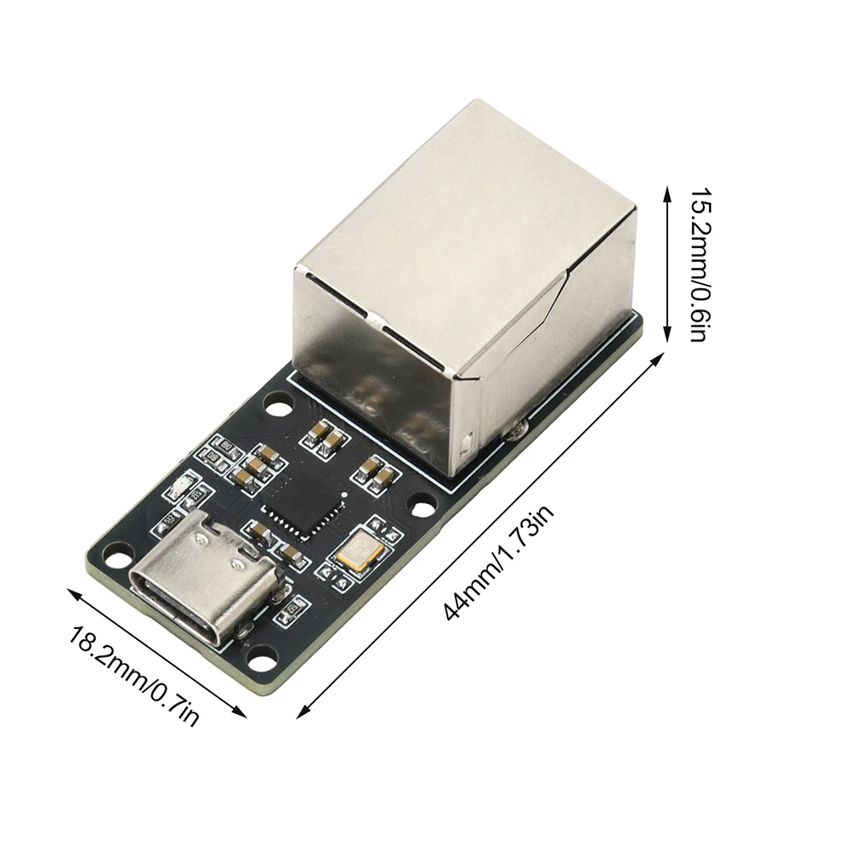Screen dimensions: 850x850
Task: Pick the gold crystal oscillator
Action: (x=360, y=551)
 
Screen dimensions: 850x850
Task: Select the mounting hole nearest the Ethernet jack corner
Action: (x=278, y=408)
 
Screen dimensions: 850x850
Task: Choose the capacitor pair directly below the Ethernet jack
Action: (x=325, y=437)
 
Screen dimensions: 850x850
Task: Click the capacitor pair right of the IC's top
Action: (x=375, y=472)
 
